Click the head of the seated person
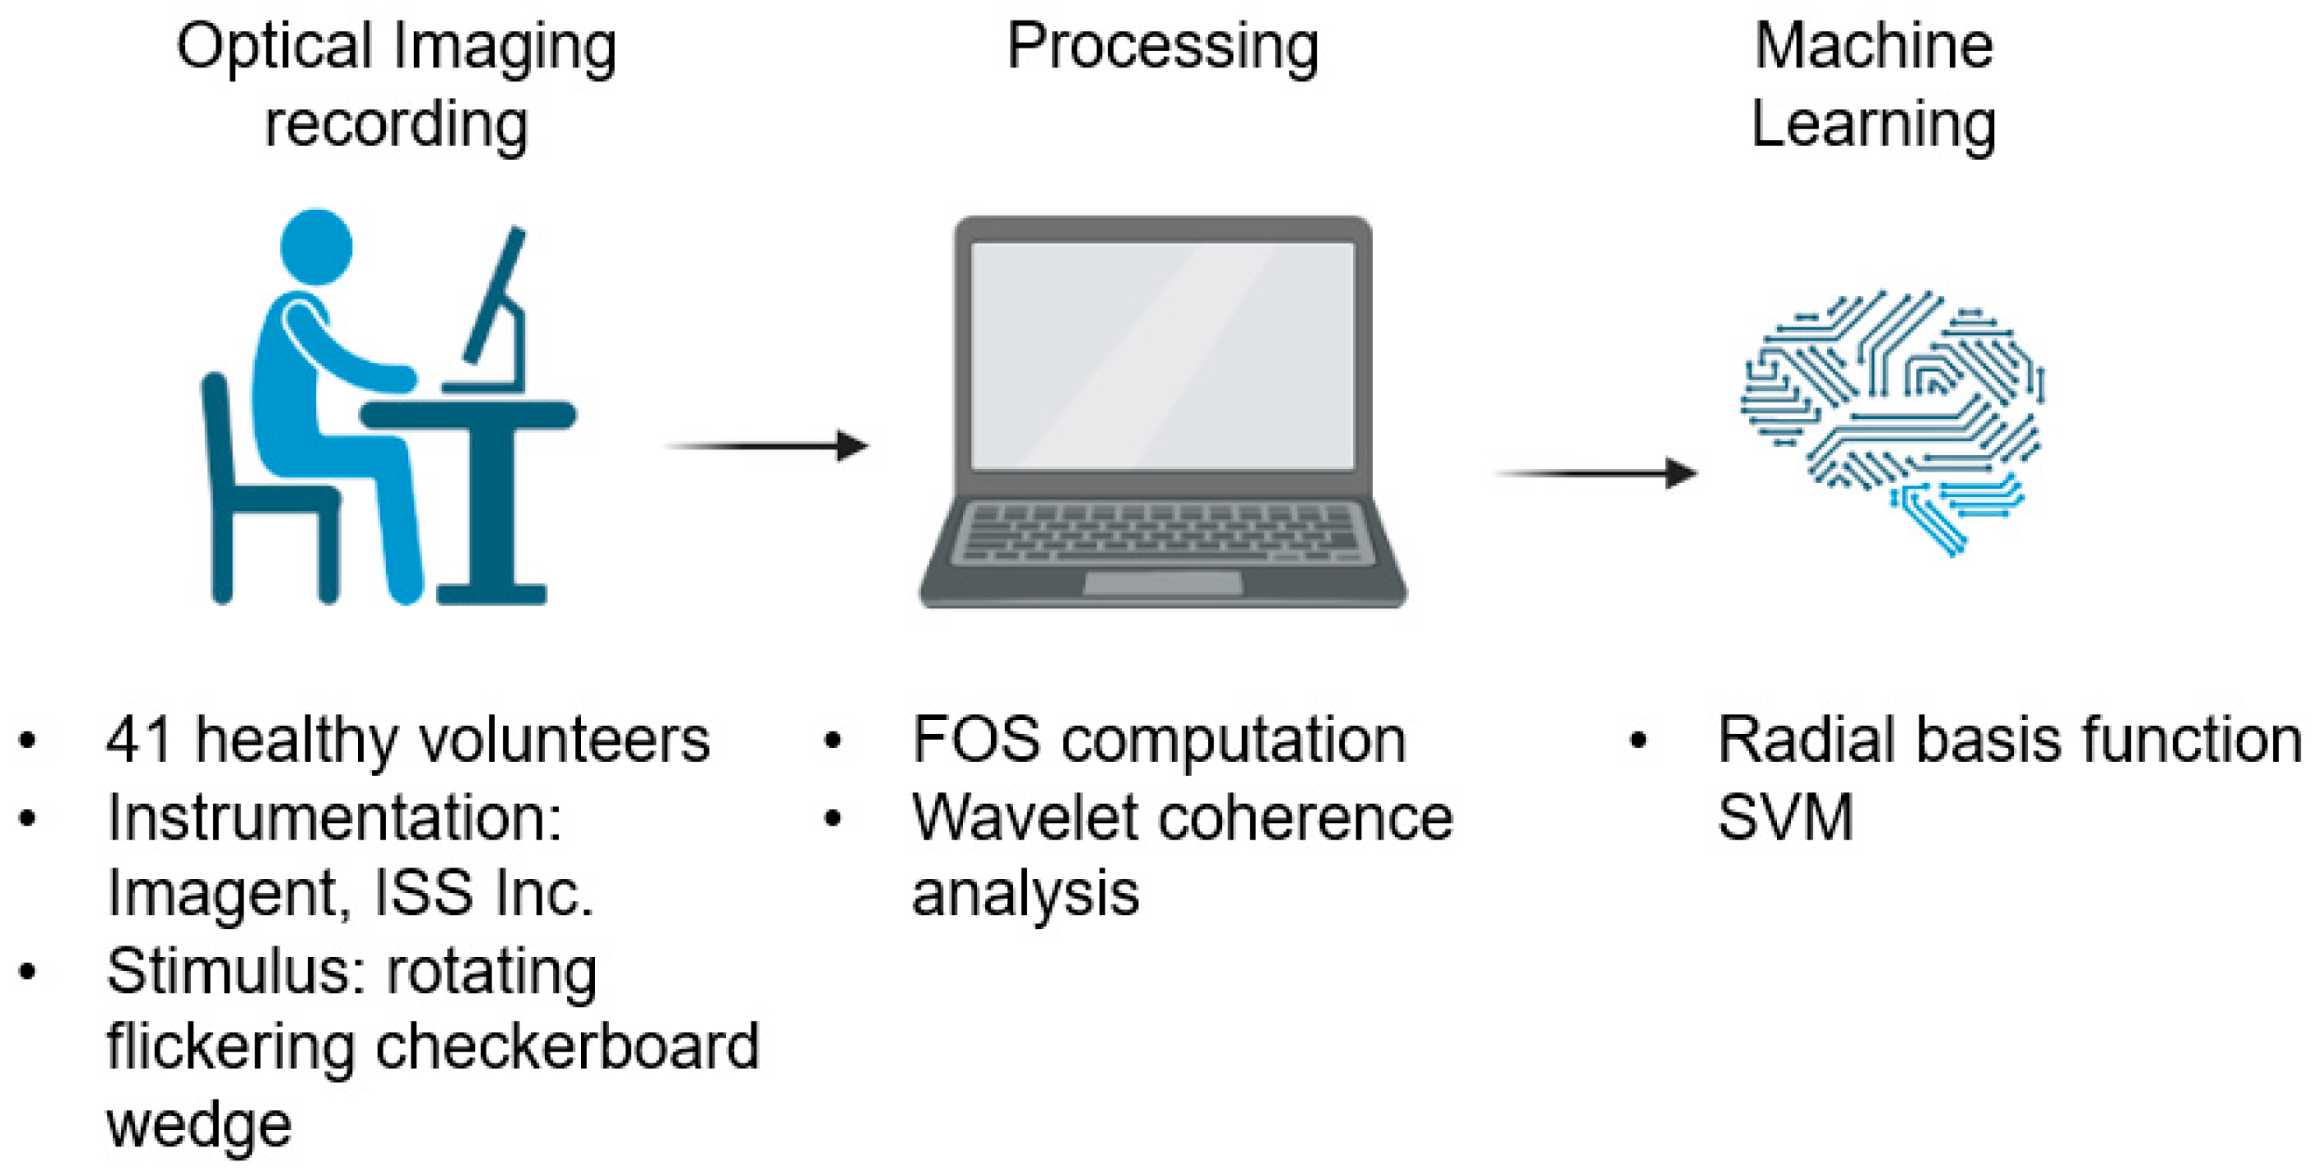tap(317, 246)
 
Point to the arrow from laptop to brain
tap(1596, 473)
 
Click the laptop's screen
tap(1161, 356)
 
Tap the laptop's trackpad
tap(1162, 583)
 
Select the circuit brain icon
tap(1892, 418)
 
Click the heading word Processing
tap(1161, 47)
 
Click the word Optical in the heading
tap(273, 47)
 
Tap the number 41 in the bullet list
tap(138, 740)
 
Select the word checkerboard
tap(566, 1048)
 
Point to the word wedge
tap(198, 1125)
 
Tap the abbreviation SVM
tap(1784, 817)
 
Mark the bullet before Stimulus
tap(28, 972)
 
